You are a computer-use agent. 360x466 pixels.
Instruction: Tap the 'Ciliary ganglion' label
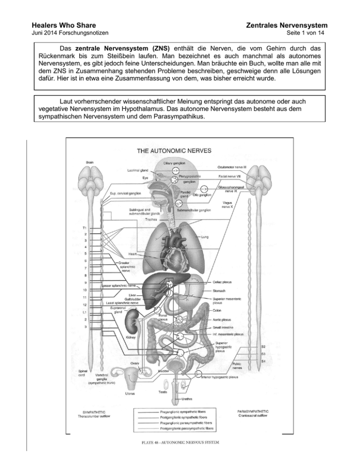click(175, 163)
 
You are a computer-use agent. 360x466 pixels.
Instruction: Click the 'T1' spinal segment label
click(84, 228)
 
